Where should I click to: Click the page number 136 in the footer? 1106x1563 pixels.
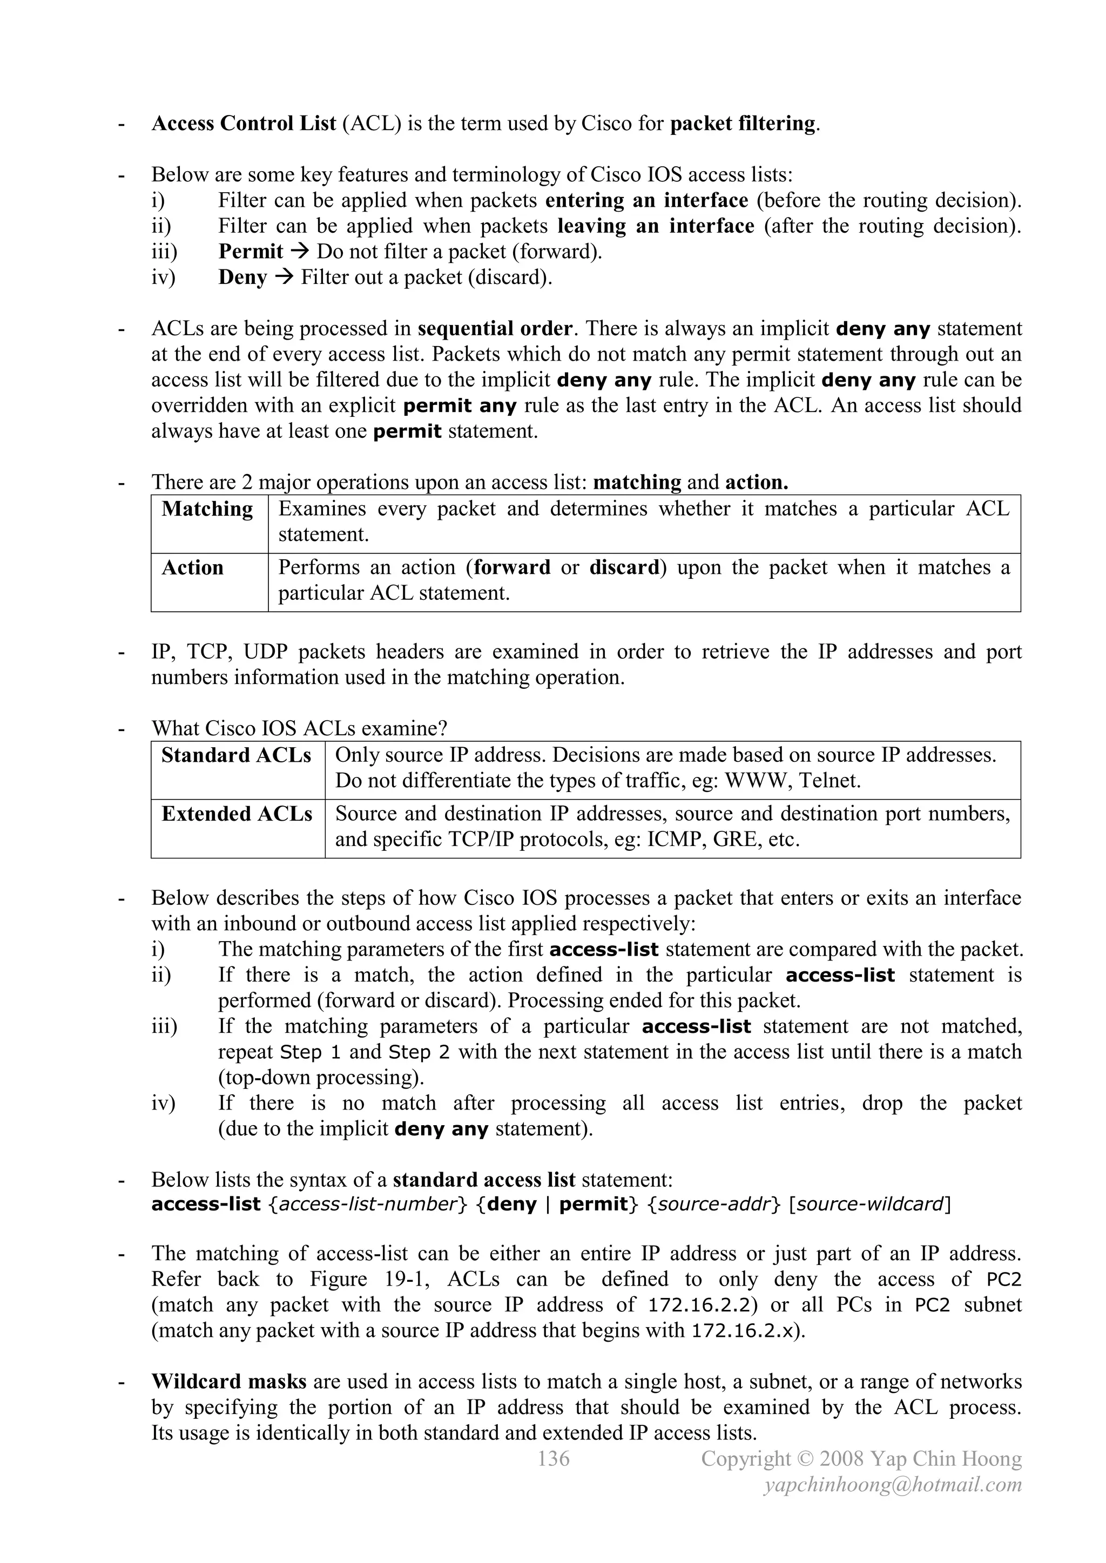(553, 1459)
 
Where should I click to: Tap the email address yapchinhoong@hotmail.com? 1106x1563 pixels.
(892, 1485)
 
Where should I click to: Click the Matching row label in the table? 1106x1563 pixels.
(207, 509)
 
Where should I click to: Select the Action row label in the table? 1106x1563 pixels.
(193, 568)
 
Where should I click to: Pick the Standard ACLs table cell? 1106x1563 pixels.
(237, 756)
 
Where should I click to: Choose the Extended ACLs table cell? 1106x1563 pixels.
(237, 814)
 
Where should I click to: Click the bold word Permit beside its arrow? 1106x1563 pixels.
(250, 252)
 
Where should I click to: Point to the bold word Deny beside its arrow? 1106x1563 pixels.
(242, 278)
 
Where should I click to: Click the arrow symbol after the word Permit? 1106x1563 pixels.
(300, 252)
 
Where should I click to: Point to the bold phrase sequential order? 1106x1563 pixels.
(495, 329)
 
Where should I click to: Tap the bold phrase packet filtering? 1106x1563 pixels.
(743, 124)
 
